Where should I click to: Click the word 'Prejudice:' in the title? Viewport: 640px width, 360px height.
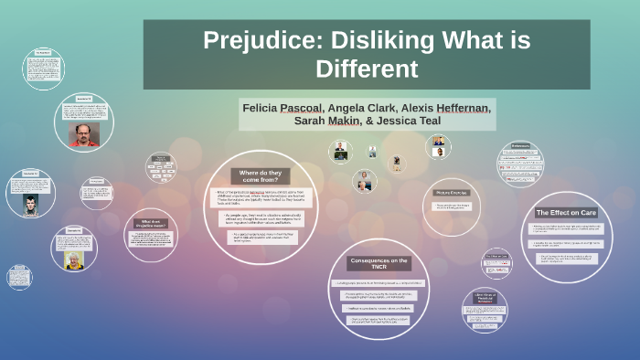(257, 41)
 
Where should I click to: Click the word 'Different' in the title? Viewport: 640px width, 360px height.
(366, 69)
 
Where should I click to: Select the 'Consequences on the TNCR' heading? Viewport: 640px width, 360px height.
(377, 264)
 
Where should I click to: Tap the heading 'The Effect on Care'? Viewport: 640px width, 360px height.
(566, 212)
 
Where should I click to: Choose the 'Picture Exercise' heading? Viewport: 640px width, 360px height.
(451, 193)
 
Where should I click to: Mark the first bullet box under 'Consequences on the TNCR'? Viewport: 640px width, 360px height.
(377, 282)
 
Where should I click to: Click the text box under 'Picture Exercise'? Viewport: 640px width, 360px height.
(451, 206)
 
